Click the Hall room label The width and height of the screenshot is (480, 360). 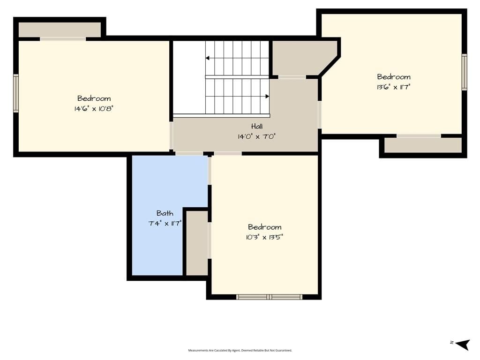pyautogui.click(x=257, y=126)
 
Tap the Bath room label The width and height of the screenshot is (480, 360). pyautogui.click(x=165, y=213)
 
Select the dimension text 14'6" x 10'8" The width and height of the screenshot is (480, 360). pyautogui.click(x=94, y=109)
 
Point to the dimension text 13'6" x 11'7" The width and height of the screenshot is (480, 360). pyautogui.click(x=393, y=87)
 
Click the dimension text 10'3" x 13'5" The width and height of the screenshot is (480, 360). pyautogui.click(x=264, y=237)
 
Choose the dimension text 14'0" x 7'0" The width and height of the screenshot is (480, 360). pyautogui.click(x=257, y=136)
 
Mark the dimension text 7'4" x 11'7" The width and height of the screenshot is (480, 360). pyautogui.click(x=165, y=224)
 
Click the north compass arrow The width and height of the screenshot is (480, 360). pyautogui.click(x=463, y=344)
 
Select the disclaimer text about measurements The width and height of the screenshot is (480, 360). pyautogui.click(x=240, y=351)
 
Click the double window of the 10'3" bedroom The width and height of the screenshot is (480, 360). pyautogui.click(x=270, y=297)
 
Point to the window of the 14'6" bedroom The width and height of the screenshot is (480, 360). pyautogui.click(x=16, y=93)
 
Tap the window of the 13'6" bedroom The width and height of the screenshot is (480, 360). pyautogui.click(x=465, y=72)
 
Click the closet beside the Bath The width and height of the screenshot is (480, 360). pyautogui.click(x=197, y=243)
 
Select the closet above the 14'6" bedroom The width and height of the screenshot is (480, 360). pyautogui.click(x=60, y=30)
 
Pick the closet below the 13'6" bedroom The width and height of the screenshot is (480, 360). pyautogui.click(x=423, y=145)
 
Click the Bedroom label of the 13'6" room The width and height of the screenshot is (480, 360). pyautogui.click(x=394, y=77)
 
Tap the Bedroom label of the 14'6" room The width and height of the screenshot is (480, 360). pyautogui.click(x=94, y=98)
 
